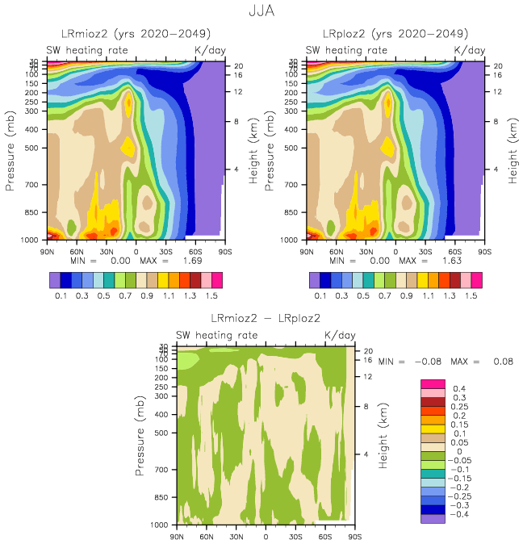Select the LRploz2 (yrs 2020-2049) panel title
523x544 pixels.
pos(395,34)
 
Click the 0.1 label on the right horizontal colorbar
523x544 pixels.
pos(320,296)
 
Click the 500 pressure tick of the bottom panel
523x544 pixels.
pos(165,433)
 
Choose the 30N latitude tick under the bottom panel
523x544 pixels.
pos(236,536)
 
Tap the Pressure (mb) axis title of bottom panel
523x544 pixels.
pos(143,436)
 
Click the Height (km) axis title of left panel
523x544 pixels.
pos(253,149)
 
